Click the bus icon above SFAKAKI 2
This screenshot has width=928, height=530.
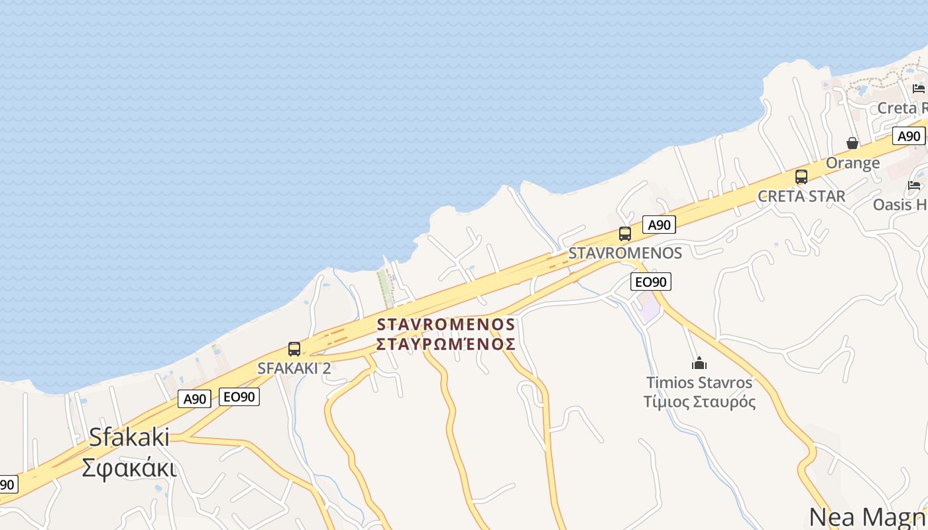294,349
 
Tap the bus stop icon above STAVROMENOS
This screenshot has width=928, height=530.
625,234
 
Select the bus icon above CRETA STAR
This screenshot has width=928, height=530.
801,177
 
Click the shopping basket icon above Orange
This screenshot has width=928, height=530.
852,143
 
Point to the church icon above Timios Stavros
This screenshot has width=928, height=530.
699,363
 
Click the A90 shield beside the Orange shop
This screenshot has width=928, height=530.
909,136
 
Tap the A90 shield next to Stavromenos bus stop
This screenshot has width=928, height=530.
659,225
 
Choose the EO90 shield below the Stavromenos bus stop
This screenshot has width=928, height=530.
650,282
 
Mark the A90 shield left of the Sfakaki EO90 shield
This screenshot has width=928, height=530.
195,399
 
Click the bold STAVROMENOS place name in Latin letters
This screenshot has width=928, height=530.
445,325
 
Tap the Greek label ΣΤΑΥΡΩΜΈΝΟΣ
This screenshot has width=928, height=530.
445,344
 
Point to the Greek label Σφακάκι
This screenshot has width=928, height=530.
129,468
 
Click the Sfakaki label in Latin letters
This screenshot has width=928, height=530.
129,437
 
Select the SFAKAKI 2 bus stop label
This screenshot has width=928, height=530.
294,368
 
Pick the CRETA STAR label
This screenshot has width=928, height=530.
801,196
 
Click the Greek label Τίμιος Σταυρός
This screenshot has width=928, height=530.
699,401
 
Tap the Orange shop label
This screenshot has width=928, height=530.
852,163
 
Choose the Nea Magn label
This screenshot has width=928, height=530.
868,516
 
